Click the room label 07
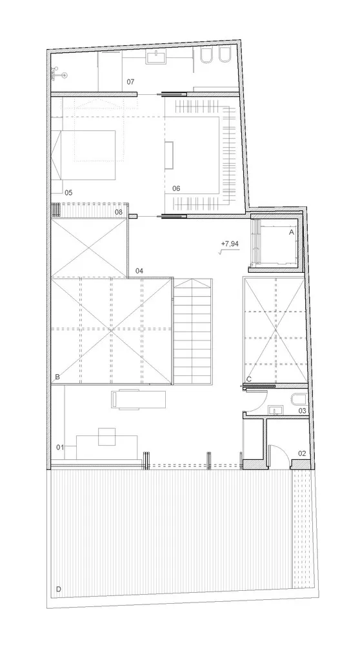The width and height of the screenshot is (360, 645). (x=130, y=82)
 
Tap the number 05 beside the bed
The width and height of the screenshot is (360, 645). (x=68, y=192)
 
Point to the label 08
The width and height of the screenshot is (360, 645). (x=119, y=212)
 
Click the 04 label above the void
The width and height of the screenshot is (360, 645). (x=139, y=271)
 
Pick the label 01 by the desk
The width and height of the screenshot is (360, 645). (x=61, y=446)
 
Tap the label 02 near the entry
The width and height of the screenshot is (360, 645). (x=301, y=453)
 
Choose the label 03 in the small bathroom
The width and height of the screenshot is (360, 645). (x=301, y=410)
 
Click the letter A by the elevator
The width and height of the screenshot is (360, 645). (x=291, y=231)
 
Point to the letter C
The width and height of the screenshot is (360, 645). (x=249, y=379)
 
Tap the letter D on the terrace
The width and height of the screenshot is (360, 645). (x=59, y=590)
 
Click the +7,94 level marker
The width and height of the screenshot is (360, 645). (x=229, y=244)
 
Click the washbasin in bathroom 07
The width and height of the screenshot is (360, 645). (x=157, y=58)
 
